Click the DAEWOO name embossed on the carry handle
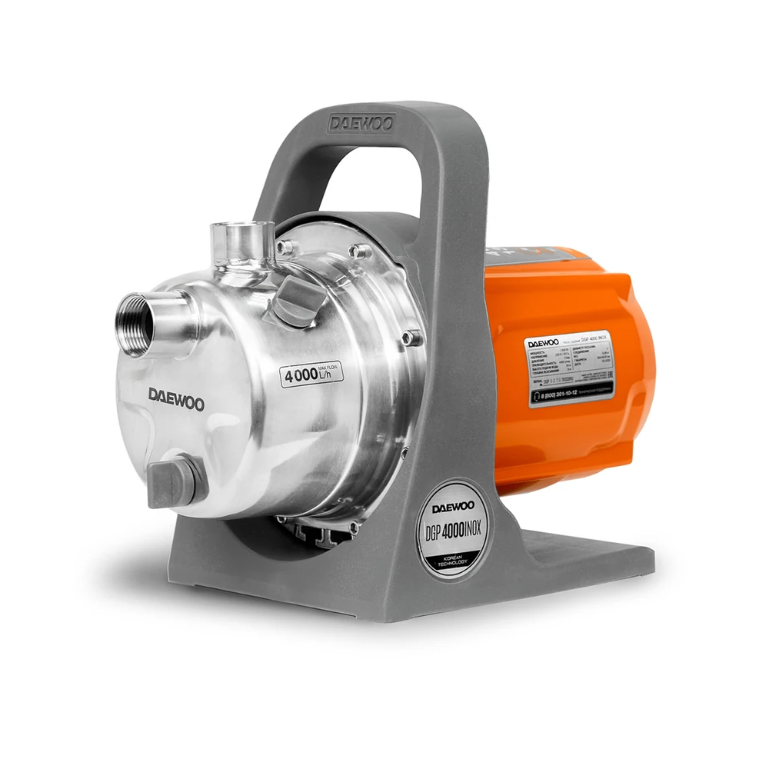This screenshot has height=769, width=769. [x=361, y=124]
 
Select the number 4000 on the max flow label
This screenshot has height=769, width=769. [x=298, y=377]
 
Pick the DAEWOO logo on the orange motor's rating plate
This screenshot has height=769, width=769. [x=544, y=344]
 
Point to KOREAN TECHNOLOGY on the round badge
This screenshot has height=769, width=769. [x=457, y=558]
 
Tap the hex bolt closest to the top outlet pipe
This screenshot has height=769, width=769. [x=285, y=247]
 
